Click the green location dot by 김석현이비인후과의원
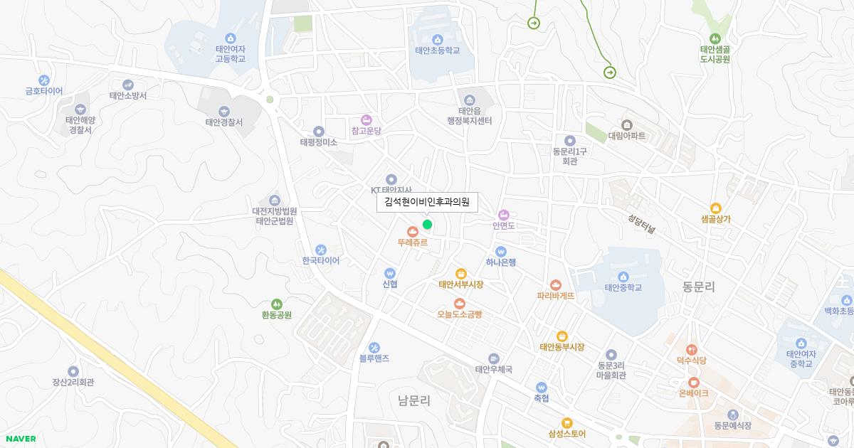coord(427,225)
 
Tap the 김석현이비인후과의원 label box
coord(427,202)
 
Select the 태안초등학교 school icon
coord(437,39)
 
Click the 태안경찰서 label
coord(224,122)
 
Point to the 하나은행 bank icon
coord(501,251)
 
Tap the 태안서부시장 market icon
coord(461,273)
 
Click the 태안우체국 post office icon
coord(494,358)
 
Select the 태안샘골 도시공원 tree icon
coord(715,38)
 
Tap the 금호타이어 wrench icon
coord(44,80)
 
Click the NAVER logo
coord(21,439)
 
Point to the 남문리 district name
coord(414,401)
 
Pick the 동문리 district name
coord(698,287)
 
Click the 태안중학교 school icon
coord(623,277)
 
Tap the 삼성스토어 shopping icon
coord(566,422)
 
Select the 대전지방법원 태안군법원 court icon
coord(275,200)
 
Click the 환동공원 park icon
coord(277,304)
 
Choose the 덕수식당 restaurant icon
coord(692,350)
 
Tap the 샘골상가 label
coord(715,219)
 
